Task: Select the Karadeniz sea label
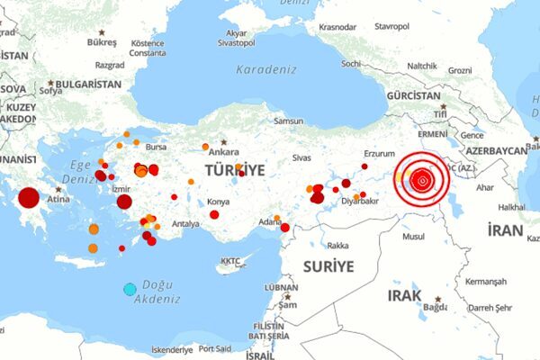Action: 265,69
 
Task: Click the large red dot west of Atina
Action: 29,198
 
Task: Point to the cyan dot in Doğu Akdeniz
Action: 130,289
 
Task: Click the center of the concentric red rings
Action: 421,181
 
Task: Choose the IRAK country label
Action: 404,295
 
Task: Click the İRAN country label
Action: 505,230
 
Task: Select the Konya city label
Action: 218,202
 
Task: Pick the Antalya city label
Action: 185,223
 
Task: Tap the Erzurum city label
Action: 379,153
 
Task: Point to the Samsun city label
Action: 289,121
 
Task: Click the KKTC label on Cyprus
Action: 231,262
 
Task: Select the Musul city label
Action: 413,237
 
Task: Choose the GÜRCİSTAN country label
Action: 416,95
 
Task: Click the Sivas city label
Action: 301,157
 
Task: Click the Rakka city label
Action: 337,245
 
